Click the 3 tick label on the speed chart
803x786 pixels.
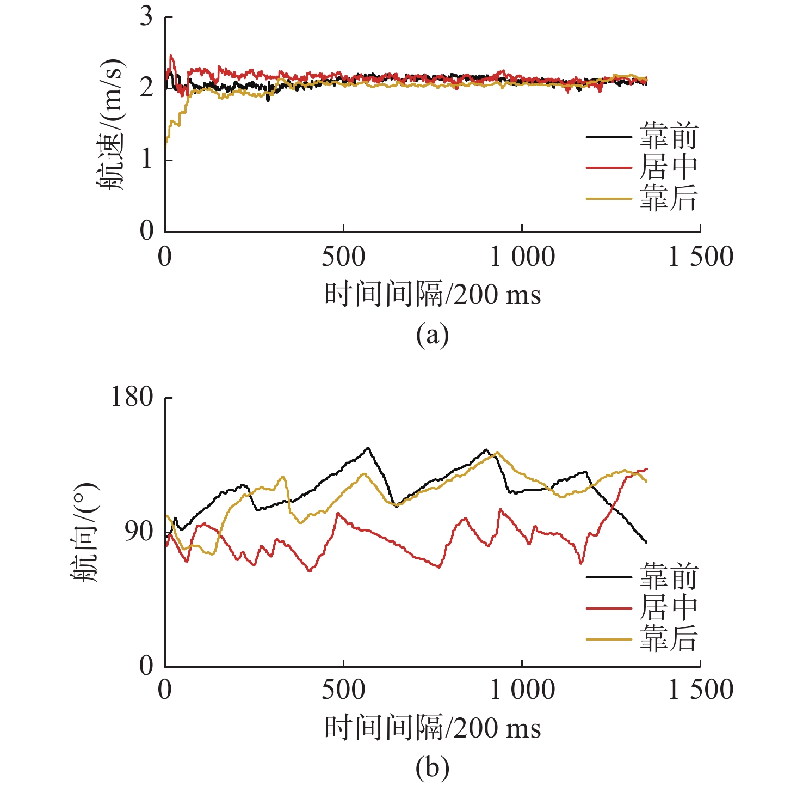146,17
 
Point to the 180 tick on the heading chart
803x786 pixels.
132,397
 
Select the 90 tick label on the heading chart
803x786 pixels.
139,532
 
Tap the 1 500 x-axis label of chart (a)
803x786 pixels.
701,257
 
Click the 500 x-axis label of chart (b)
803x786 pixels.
343,690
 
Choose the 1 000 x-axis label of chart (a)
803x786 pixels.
522,257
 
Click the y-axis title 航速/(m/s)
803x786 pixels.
111,124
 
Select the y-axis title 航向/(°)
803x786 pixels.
87,533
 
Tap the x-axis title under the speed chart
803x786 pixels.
433,295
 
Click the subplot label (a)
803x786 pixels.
433,335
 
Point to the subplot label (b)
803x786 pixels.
433,768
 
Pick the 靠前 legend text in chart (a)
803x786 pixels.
669,136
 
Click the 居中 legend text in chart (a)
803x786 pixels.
669,167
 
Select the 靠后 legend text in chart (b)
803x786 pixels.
669,639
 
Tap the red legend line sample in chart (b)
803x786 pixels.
609,608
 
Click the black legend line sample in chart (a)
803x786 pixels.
609,137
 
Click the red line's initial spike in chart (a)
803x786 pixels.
172,56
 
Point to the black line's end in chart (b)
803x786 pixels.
646,543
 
